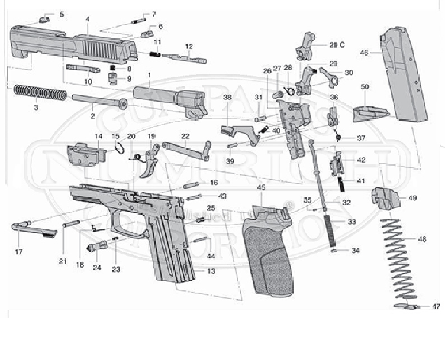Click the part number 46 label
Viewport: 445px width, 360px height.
click(364, 53)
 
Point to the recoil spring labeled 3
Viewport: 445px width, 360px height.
click(40, 92)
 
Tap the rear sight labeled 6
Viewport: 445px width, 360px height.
click(147, 32)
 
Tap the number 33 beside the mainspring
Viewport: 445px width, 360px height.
click(352, 222)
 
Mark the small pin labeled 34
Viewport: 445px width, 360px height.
click(336, 251)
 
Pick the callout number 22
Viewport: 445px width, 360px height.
click(185, 136)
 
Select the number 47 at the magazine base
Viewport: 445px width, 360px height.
click(436, 307)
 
